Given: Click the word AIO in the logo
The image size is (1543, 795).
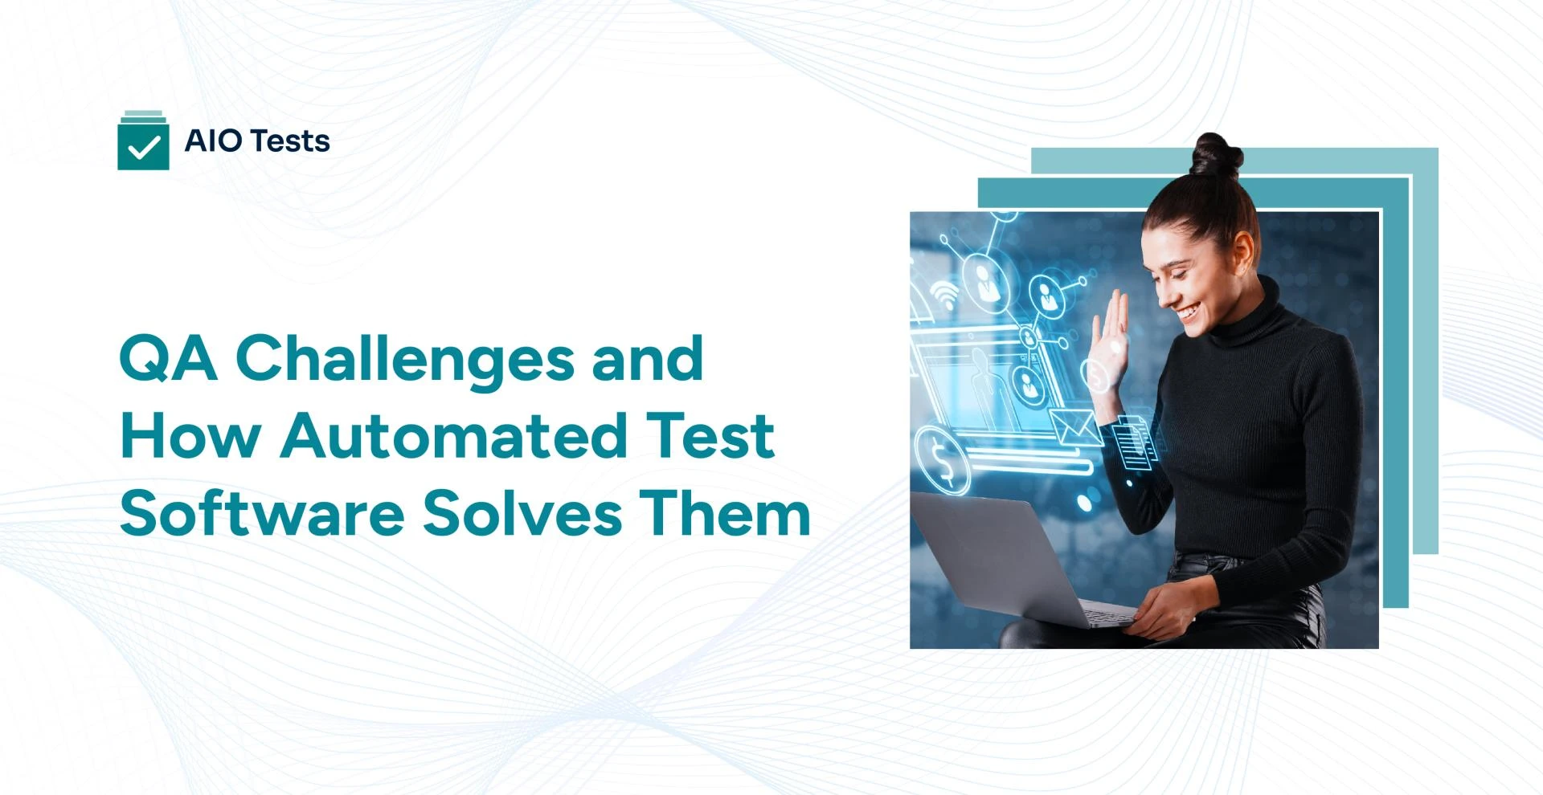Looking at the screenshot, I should click(x=213, y=141).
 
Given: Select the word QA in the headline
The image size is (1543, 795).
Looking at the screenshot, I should click(x=168, y=358).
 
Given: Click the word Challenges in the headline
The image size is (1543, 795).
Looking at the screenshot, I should click(x=404, y=358).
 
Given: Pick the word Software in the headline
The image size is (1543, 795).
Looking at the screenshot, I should click(x=262, y=513).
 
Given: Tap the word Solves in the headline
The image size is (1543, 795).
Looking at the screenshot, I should click(x=522, y=513).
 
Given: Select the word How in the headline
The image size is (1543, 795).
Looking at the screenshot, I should click(x=190, y=435).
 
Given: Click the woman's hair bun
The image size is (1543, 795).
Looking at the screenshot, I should click(x=1215, y=154).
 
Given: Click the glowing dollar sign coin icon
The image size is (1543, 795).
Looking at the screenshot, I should click(x=942, y=460).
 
